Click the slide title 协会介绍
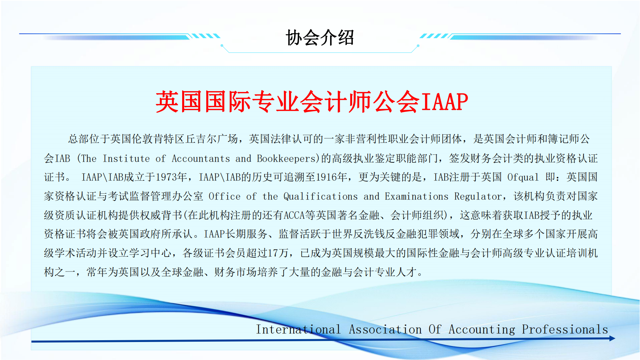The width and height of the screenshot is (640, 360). [320, 37]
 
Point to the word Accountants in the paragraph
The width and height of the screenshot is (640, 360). [201, 158]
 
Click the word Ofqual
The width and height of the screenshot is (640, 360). [523, 177]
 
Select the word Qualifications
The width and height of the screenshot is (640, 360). [320, 197]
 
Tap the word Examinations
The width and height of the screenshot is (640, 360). [416, 197]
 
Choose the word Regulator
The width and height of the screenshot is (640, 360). [478, 197]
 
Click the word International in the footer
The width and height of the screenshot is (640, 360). [298, 329]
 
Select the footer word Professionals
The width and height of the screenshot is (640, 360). [565, 329]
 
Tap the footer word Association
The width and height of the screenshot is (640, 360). [385, 329]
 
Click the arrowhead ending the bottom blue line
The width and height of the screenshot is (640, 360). [612, 338]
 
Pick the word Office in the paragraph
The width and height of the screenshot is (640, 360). [225, 197]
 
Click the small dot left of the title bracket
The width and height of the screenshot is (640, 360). [222, 45]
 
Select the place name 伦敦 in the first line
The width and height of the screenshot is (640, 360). [143, 139]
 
